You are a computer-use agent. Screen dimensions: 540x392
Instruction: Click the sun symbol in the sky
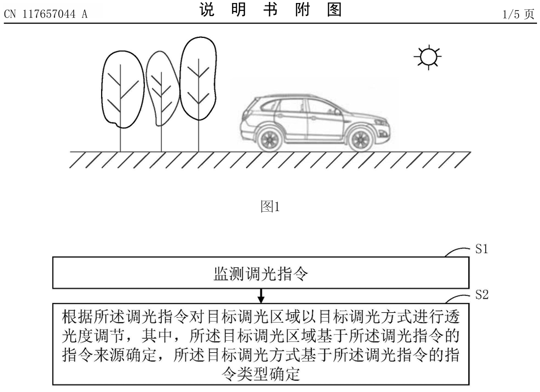click(428, 57)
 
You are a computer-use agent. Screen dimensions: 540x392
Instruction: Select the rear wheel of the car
click(270, 139)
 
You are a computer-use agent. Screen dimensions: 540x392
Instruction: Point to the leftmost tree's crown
click(122, 90)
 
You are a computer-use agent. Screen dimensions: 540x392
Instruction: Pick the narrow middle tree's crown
click(161, 88)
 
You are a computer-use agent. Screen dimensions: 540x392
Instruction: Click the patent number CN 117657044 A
click(46, 14)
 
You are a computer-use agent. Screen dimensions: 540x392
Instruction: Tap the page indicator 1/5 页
click(518, 14)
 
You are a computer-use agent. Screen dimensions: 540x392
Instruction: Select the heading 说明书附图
click(270, 9)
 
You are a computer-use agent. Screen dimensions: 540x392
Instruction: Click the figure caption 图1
click(270, 206)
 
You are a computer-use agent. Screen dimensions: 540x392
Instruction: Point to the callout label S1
click(482, 249)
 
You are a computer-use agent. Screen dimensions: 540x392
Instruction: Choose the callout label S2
click(482, 294)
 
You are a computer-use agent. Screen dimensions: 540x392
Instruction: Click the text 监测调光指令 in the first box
click(261, 274)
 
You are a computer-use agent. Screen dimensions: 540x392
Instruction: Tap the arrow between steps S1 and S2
click(261, 295)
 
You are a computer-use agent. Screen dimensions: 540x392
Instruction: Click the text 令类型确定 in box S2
click(261, 374)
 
